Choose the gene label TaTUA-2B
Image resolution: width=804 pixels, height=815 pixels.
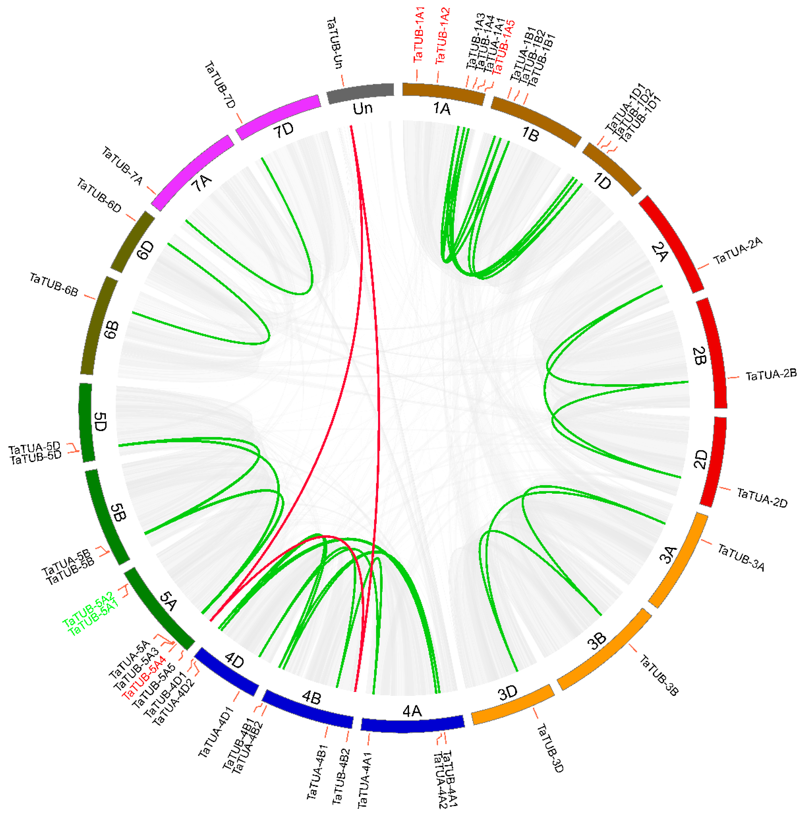771,375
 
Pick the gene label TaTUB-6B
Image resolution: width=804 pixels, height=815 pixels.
54,285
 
